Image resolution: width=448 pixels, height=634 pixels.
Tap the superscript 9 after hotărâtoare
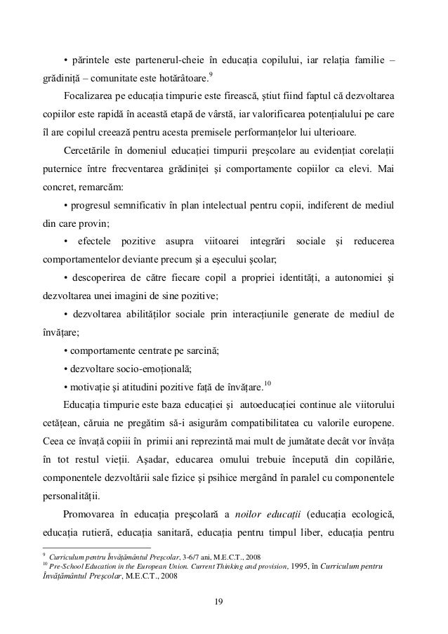pos(213,72)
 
